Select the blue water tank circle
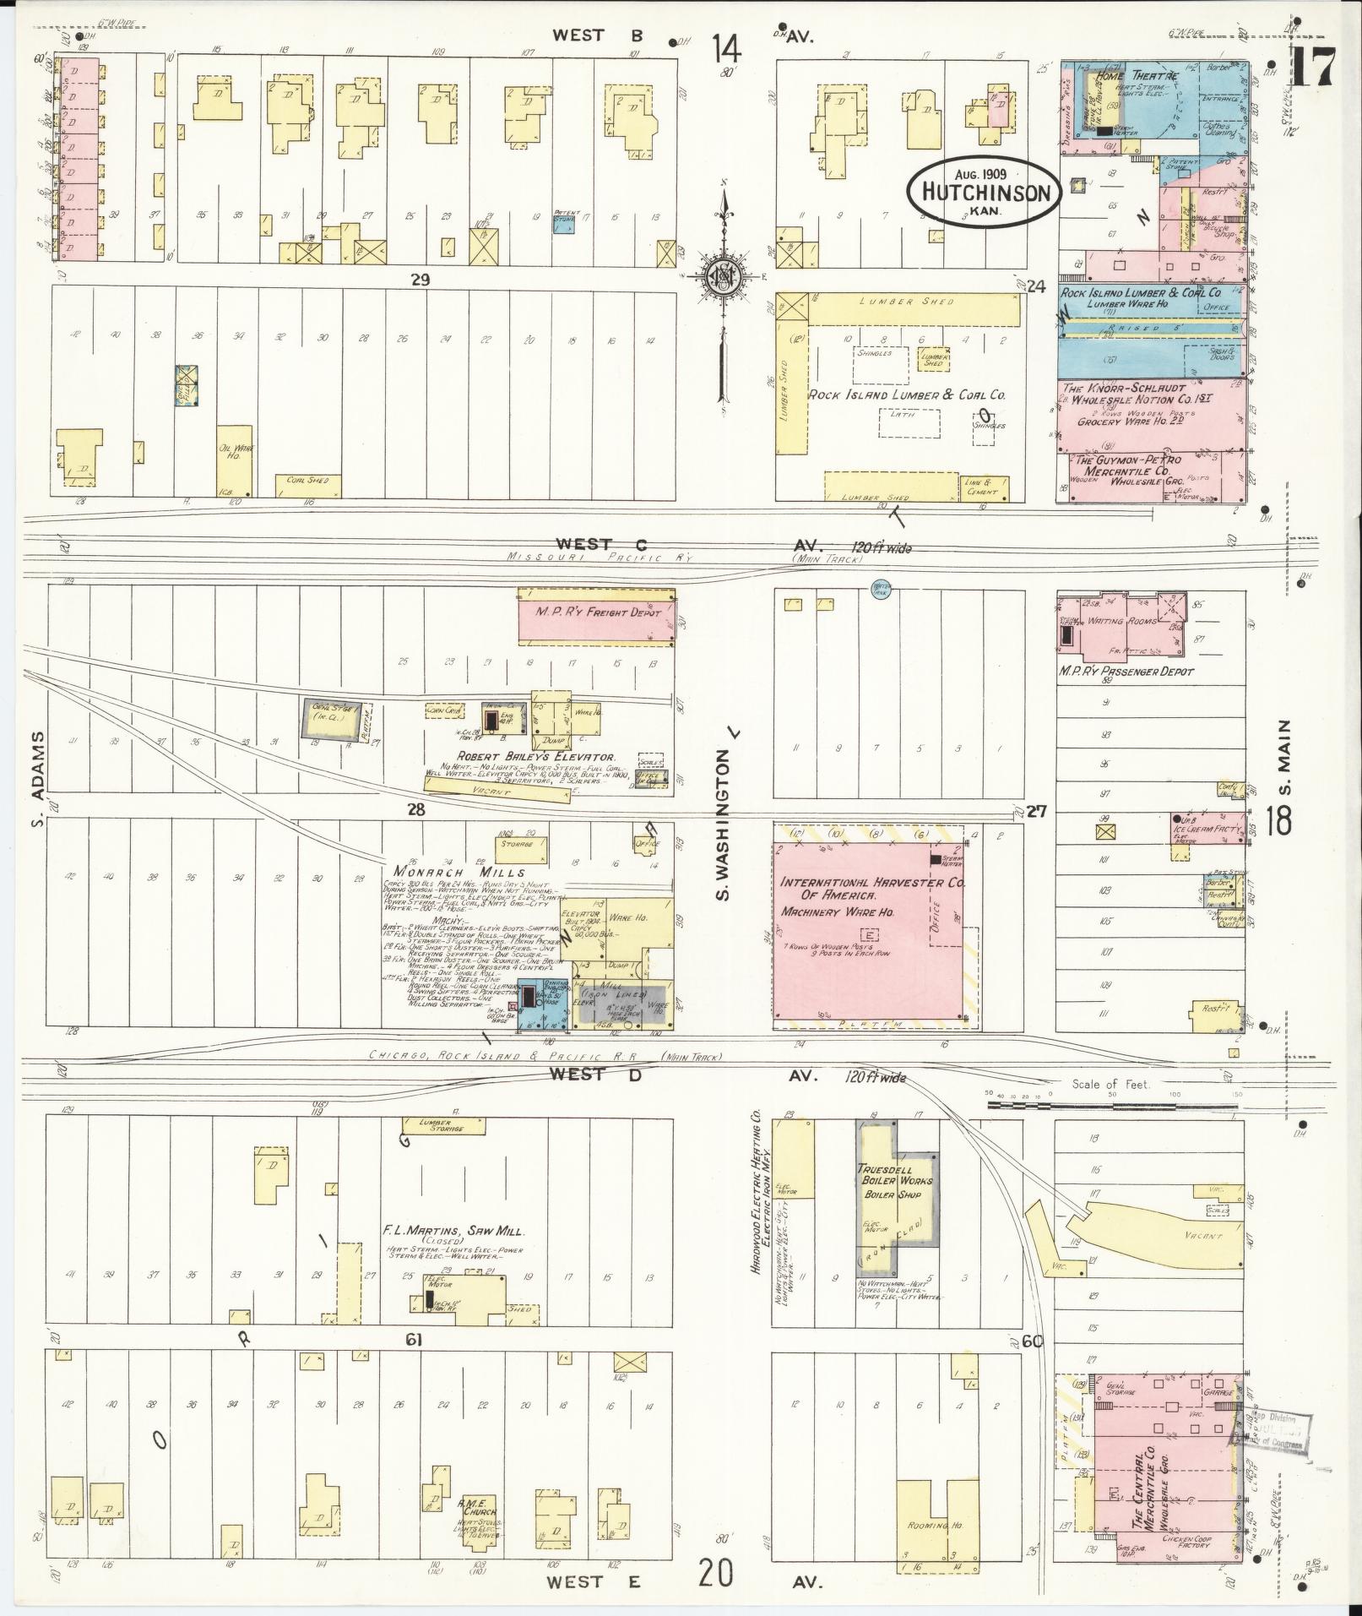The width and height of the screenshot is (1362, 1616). (881, 589)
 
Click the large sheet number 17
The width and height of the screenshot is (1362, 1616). (1311, 66)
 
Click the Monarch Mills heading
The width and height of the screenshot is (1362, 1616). (457, 872)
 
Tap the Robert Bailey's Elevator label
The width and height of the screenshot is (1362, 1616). (535, 757)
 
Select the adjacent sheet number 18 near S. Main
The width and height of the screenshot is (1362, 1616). (1279, 820)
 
